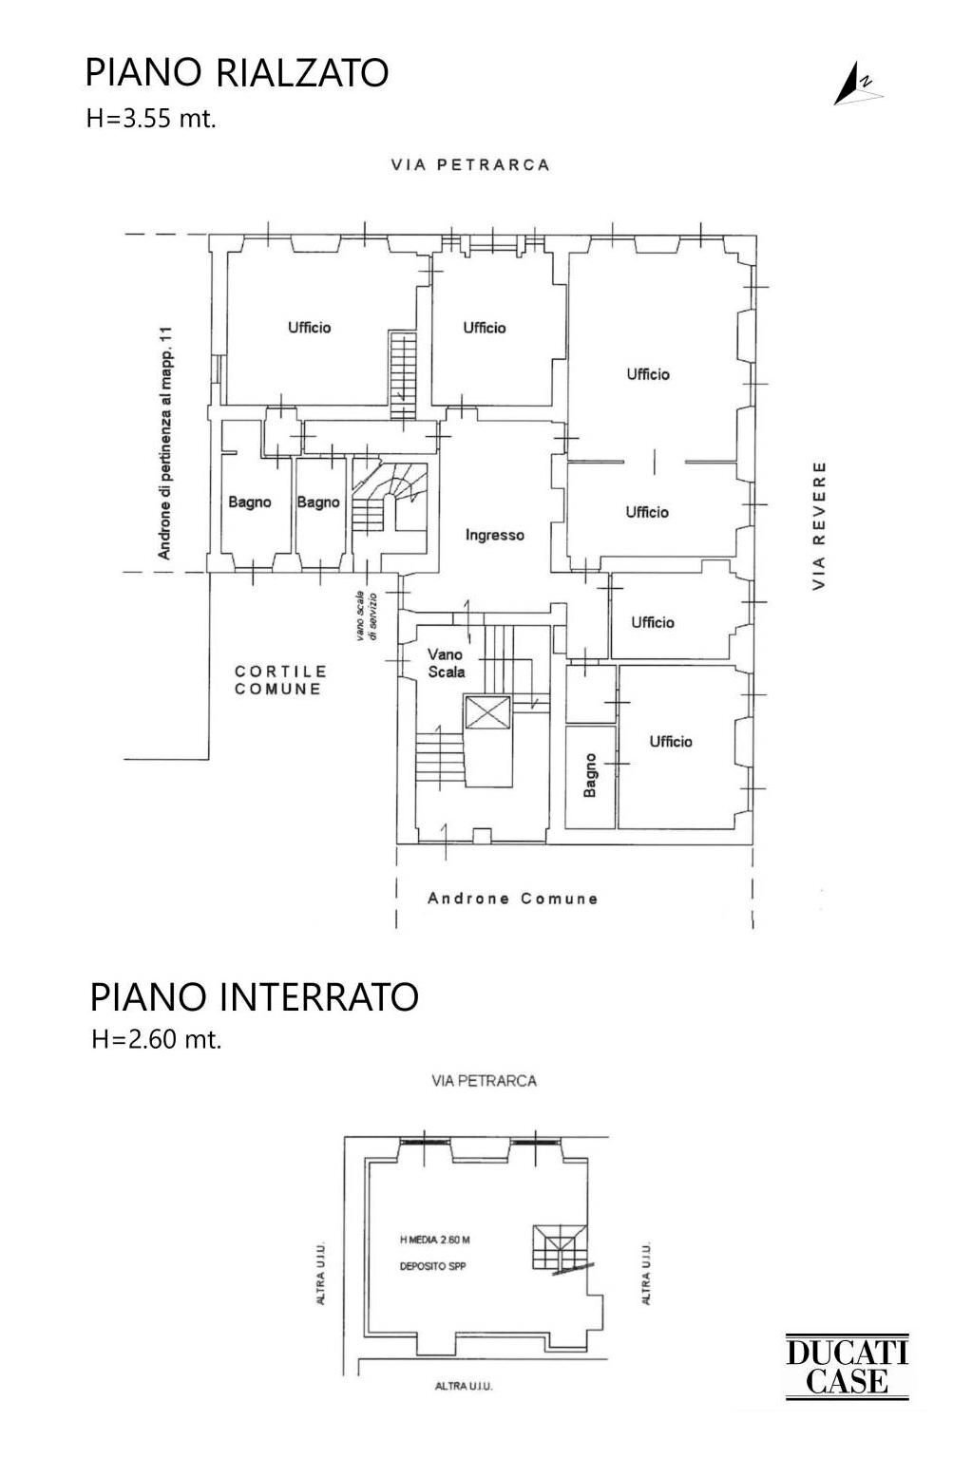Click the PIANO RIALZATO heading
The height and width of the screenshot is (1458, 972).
(x=237, y=73)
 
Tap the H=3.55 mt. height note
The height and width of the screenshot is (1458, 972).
(x=151, y=119)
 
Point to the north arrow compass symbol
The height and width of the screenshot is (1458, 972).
(x=855, y=85)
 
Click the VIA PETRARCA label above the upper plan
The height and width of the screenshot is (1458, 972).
(x=470, y=164)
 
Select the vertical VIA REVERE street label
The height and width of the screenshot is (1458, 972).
(x=819, y=525)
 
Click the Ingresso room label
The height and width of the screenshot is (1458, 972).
(x=494, y=536)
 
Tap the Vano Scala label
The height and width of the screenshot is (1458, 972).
(x=446, y=663)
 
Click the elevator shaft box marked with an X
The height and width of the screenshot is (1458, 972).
(x=487, y=711)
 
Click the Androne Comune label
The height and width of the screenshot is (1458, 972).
(x=512, y=899)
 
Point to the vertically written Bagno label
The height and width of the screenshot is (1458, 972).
(x=590, y=775)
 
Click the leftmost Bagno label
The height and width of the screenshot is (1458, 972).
(x=249, y=502)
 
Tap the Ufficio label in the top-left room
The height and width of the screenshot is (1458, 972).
(x=309, y=328)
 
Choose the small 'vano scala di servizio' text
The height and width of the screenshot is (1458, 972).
(x=367, y=616)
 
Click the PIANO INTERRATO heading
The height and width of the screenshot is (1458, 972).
(x=254, y=997)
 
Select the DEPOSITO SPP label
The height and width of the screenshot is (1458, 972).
(x=432, y=1266)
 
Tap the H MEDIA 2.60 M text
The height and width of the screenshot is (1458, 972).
(x=435, y=1240)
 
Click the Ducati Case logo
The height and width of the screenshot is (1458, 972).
(x=847, y=1367)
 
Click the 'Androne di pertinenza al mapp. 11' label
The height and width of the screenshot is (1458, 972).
(x=164, y=443)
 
